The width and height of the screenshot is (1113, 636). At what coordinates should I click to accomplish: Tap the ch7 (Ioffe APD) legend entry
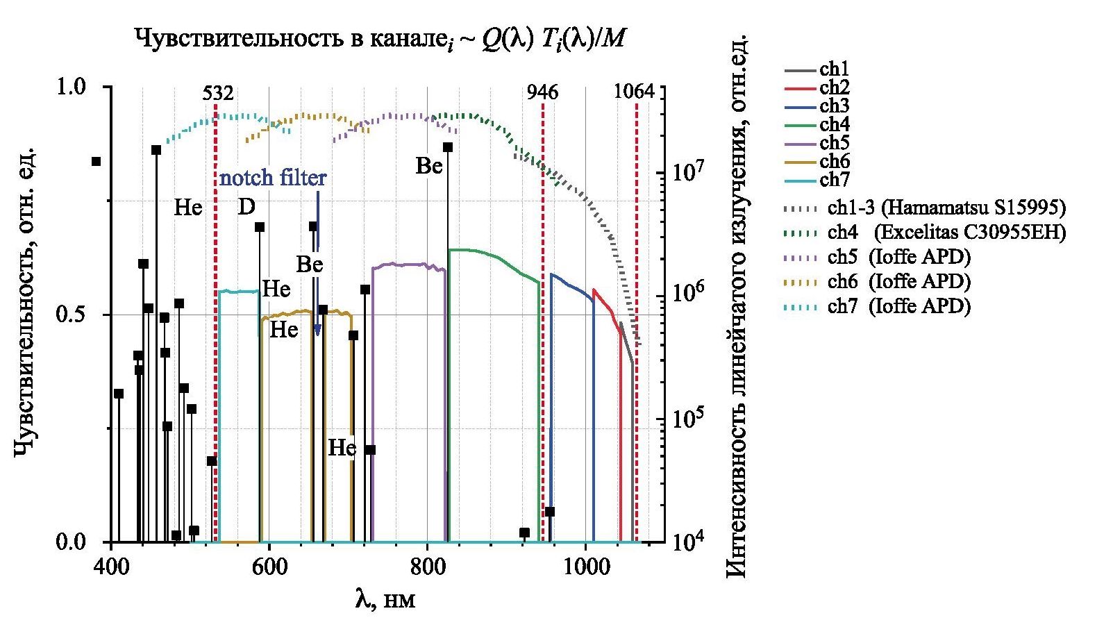point(898,306)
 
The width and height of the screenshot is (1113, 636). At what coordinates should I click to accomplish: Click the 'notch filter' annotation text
point(273,178)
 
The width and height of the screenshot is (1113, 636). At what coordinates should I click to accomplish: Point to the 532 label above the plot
point(218,93)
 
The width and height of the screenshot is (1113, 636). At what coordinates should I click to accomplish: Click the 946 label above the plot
point(542,93)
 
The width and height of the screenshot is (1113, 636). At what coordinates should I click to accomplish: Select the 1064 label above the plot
point(634,93)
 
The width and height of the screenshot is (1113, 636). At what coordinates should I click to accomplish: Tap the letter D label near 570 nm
point(246,207)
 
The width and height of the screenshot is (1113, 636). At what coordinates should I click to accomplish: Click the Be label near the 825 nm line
point(429,166)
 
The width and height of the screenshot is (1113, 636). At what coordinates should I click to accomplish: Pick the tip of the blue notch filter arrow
point(317,335)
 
